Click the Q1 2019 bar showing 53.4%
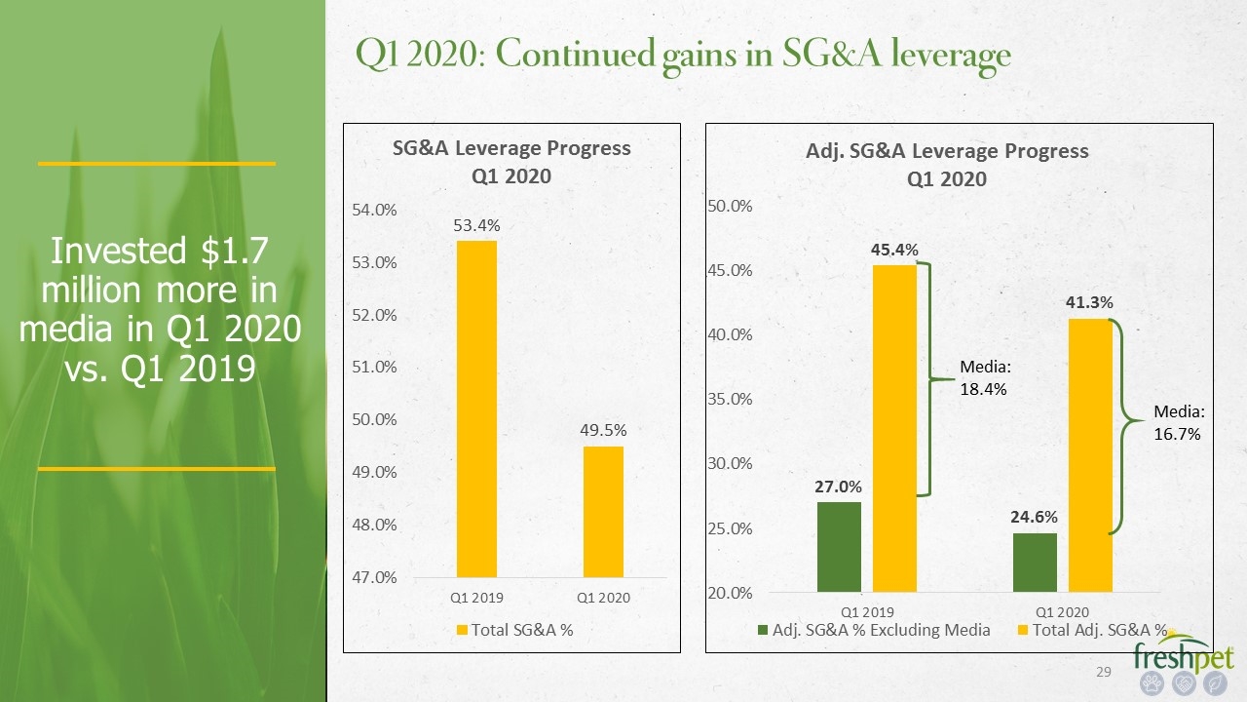pos(476,409)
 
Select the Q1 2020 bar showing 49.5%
pos(603,512)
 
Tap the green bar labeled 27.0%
pos(839,547)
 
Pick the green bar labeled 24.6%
pos(1035,563)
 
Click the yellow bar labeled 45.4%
pos(894,428)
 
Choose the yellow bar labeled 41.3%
pos(1090,455)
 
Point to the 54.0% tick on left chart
pos(374,210)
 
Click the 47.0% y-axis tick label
pos(374,577)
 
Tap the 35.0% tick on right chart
pos(730,399)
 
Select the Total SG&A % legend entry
pos(515,630)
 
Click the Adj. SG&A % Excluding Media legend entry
pos(874,630)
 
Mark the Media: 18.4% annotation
pos(984,377)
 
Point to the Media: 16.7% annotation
pos(1179,422)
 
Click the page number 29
pos(1104,672)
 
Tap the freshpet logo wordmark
pos(1184,655)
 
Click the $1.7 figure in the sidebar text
pos(235,251)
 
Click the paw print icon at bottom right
pos(1152,683)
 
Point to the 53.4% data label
pos(476,225)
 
